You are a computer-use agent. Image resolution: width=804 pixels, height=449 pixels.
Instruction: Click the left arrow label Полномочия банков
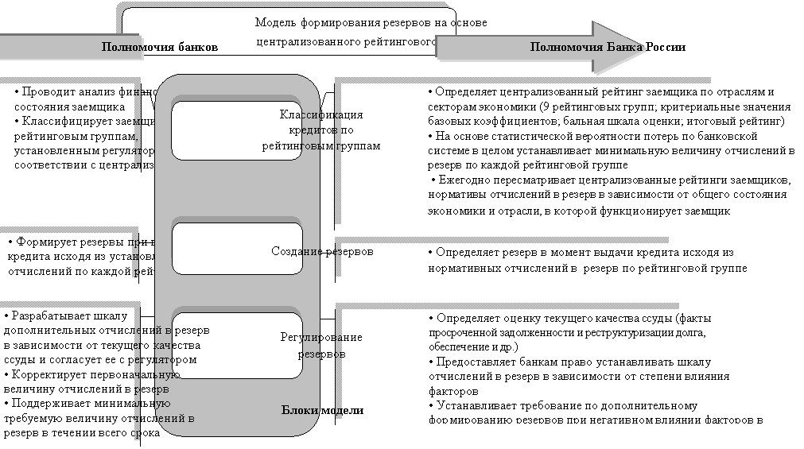159,47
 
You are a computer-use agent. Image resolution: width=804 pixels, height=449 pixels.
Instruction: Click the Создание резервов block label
322,252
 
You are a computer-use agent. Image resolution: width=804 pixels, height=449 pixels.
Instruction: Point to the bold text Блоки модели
322,410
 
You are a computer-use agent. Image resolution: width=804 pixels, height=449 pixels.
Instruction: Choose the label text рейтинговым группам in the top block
320,145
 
